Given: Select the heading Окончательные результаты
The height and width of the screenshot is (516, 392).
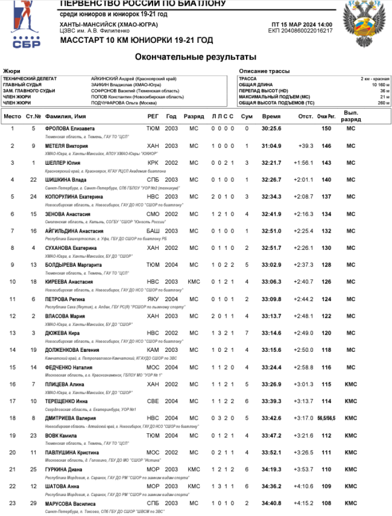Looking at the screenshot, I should (x=195, y=56).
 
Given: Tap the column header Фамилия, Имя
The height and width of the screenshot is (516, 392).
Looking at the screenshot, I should (x=66, y=116).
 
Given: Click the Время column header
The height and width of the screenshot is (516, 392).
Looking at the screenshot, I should (x=271, y=116).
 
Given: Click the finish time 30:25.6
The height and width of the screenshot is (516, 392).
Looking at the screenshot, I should (x=271, y=129).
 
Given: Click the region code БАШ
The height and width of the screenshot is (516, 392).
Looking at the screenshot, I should (x=153, y=231).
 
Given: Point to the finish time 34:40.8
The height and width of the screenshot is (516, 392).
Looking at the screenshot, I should (x=271, y=503).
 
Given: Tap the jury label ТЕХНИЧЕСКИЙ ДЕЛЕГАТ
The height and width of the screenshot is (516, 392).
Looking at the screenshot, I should (x=29, y=78).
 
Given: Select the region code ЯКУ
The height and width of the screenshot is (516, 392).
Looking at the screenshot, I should (x=153, y=299).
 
